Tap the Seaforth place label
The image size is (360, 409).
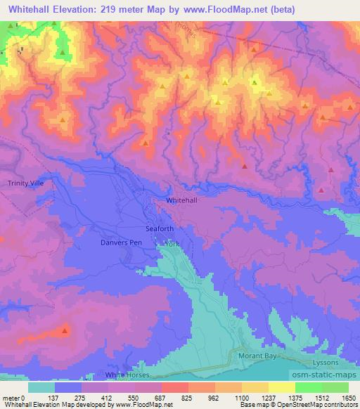(159, 228)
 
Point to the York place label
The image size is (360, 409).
(172, 244)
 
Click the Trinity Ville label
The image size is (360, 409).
(26, 183)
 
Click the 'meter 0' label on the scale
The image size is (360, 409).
(14, 397)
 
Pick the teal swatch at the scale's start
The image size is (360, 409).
(41, 387)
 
